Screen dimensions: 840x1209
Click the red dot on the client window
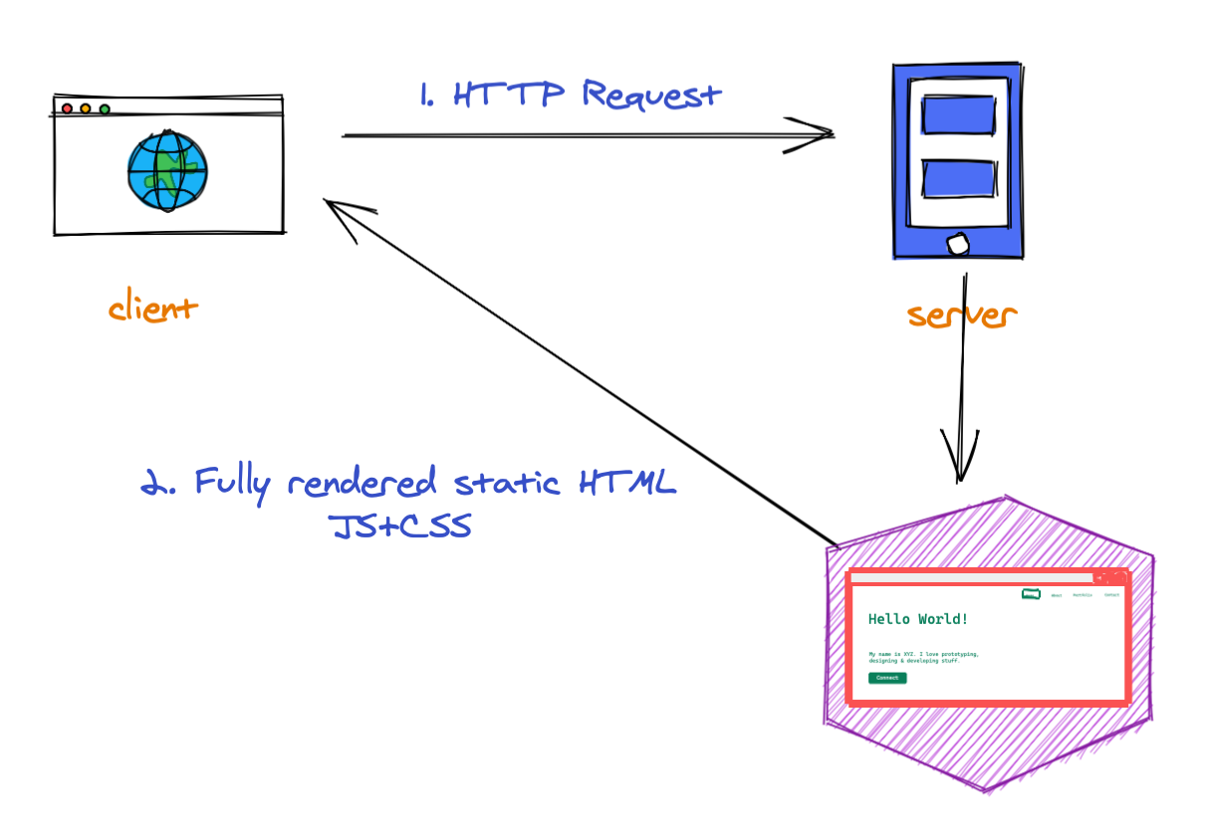pyautogui.click(x=67, y=108)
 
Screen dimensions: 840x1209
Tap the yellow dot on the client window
pyautogui.click(x=86, y=108)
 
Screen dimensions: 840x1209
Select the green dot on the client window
pyautogui.click(x=105, y=108)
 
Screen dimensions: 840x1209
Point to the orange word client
pyautogui.click(x=152, y=308)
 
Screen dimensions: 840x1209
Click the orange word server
pyautogui.click(x=962, y=315)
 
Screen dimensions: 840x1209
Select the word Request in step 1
pyautogui.click(x=650, y=96)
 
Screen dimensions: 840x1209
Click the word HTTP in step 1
pyautogui.click(x=508, y=95)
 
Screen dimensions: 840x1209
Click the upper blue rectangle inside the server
pyautogui.click(x=958, y=114)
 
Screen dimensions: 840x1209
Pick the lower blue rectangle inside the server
pyautogui.click(x=958, y=178)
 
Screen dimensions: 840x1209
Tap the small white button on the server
pyautogui.click(x=957, y=244)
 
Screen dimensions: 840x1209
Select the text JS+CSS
pyautogui.click(x=400, y=525)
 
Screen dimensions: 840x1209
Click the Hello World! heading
pyautogui.click(x=917, y=619)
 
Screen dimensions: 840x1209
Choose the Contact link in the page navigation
pyautogui.click(x=1111, y=595)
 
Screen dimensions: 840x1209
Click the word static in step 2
pyautogui.click(x=507, y=485)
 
